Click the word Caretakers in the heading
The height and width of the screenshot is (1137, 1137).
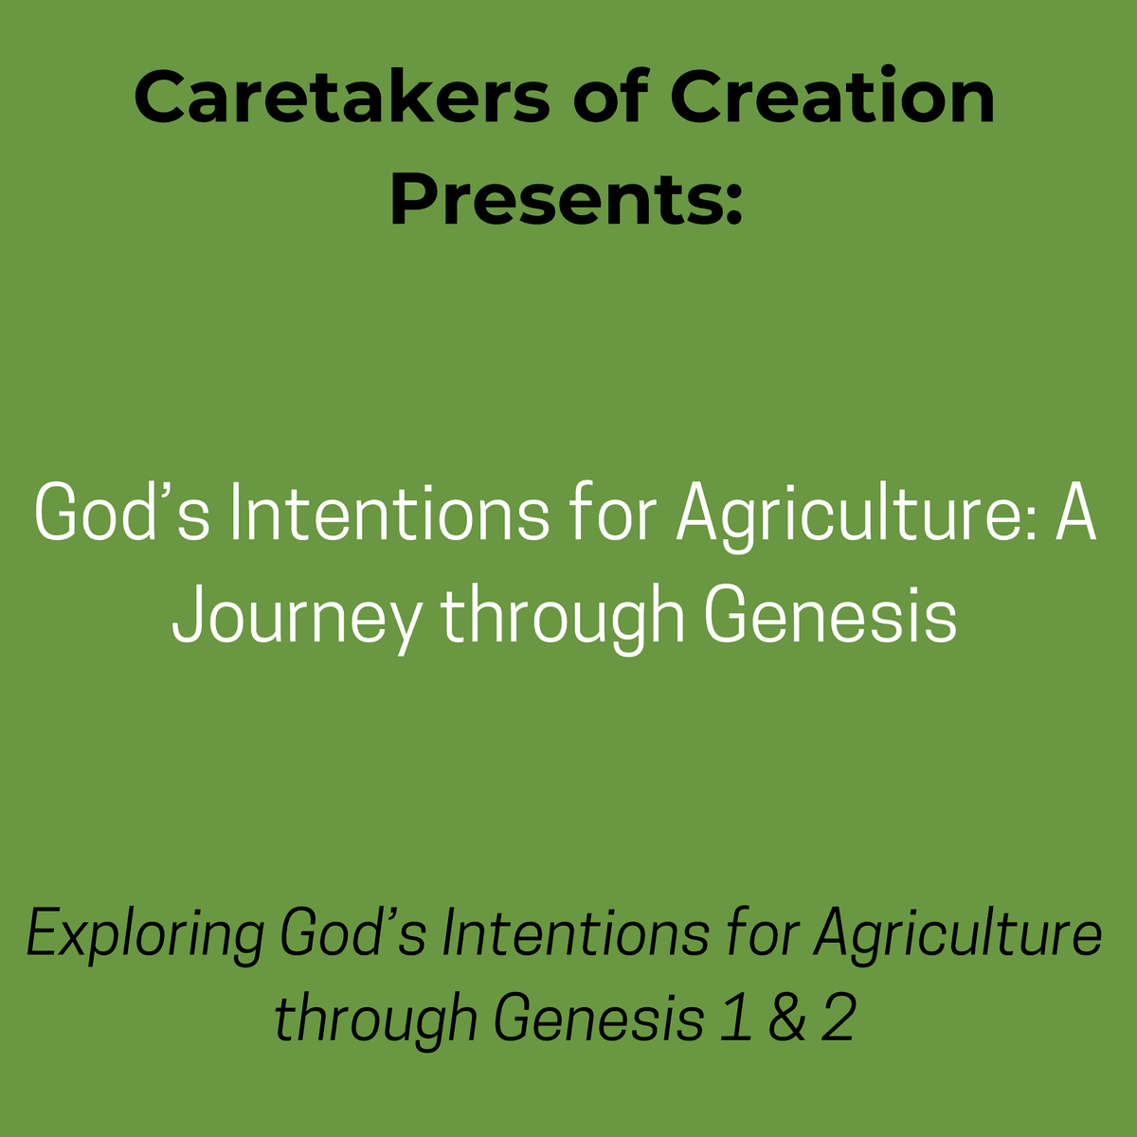tap(342, 97)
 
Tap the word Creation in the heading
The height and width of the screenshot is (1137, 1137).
tap(833, 96)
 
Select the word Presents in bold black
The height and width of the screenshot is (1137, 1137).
tap(555, 198)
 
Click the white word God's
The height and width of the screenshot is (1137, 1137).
tap(121, 511)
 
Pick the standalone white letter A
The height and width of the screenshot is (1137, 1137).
tap(1076, 511)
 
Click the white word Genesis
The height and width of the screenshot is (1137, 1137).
tap(831, 614)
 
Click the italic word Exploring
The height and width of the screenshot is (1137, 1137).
tap(145, 934)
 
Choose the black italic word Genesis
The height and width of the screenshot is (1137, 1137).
tap(599, 1018)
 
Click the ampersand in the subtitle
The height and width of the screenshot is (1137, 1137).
tap(787, 1018)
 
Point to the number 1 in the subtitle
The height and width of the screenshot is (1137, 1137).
tap(737, 1018)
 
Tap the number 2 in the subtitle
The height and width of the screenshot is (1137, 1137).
tap(839, 1018)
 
